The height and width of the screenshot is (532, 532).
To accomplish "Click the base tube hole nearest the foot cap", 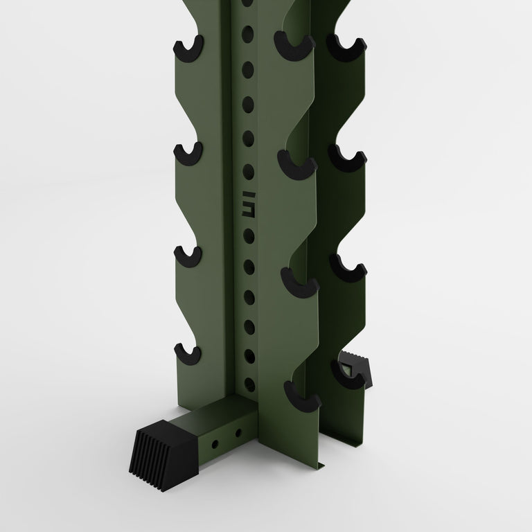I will point(215,441).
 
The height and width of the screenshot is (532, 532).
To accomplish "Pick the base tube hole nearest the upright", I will point(238,432).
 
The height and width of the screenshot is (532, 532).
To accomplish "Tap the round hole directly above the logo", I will point(247,171).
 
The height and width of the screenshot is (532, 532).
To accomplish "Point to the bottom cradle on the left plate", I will point(188,354).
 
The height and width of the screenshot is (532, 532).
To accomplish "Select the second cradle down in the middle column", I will point(297,163).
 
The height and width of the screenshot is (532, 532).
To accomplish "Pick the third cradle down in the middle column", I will point(300,283).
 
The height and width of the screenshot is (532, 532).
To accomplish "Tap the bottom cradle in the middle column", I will point(302,400).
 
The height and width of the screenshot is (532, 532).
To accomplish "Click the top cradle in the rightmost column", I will point(346,47).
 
